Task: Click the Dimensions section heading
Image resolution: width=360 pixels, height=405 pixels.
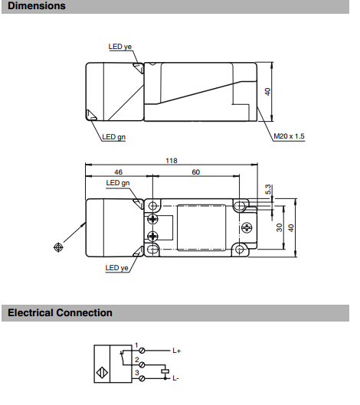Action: pos(37,5)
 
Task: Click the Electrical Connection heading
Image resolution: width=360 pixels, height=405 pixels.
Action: pos(60,313)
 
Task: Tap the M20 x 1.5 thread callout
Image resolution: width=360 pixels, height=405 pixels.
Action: pos(289,136)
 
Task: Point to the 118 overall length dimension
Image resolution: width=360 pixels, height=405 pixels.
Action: pos(172,161)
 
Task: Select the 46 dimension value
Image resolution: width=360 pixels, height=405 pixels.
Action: pos(119,172)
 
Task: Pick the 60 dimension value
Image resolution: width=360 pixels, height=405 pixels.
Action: pos(196,172)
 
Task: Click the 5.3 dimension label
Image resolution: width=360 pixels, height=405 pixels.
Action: pos(268,189)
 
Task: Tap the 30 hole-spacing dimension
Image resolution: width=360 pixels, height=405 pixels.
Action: pos(279,227)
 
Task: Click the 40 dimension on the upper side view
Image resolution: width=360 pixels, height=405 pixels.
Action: pos(267,92)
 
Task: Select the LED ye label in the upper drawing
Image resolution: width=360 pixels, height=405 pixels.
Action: pos(120,47)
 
